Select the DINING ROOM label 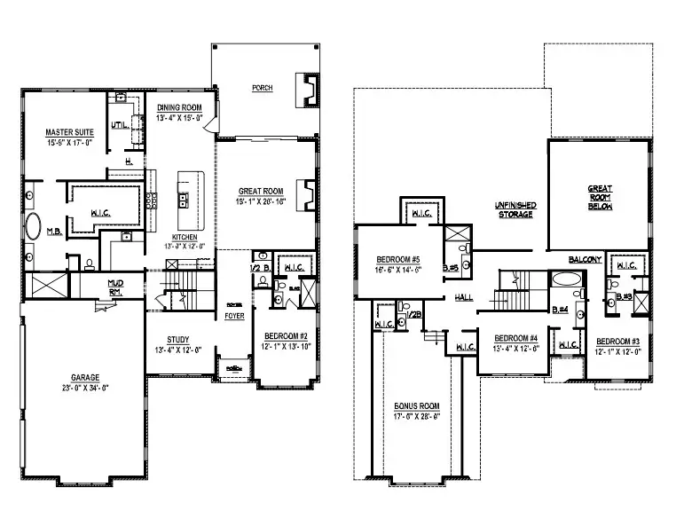(180, 108)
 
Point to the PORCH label (262, 88)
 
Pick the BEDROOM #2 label (287, 337)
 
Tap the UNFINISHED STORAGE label (514, 209)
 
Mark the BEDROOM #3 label (617, 342)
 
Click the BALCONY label (586, 260)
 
